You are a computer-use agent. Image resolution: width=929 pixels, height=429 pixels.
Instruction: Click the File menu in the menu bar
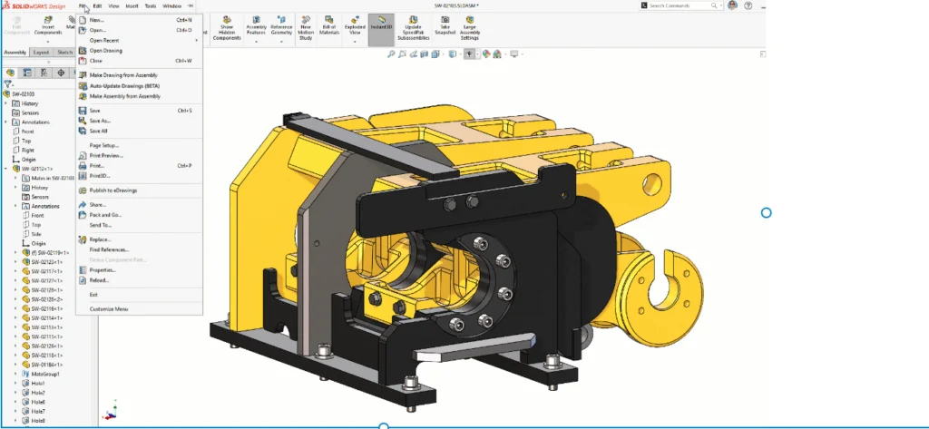(x=83, y=5)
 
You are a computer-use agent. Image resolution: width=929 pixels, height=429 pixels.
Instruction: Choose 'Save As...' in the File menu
(x=100, y=121)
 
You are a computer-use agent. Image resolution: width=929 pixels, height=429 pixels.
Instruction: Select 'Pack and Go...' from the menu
(x=105, y=215)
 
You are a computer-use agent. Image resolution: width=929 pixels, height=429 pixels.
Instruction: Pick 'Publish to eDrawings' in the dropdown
(x=112, y=190)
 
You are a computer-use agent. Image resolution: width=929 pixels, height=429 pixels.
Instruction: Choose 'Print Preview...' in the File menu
(x=106, y=156)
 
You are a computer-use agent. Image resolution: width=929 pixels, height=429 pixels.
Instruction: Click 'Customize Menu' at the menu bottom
(x=109, y=309)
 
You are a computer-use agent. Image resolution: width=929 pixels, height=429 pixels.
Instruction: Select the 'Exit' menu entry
(x=93, y=295)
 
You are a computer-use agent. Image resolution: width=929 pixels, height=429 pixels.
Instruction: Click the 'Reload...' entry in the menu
(x=99, y=280)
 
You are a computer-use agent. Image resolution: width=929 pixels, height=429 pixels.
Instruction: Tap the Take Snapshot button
(x=445, y=28)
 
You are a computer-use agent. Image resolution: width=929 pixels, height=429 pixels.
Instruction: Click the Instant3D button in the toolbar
(x=381, y=28)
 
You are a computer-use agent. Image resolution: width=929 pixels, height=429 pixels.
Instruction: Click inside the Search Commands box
(x=680, y=5)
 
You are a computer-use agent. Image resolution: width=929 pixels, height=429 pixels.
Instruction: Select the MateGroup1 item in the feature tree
(x=45, y=374)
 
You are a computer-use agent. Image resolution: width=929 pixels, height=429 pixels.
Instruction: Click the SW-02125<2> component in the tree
(x=46, y=299)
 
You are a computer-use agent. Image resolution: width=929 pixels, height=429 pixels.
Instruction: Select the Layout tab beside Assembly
(x=42, y=53)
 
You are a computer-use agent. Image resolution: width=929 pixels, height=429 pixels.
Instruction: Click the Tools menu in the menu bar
(x=151, y=5)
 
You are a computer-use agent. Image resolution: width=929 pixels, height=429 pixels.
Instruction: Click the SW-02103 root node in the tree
(x=24, y=93)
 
